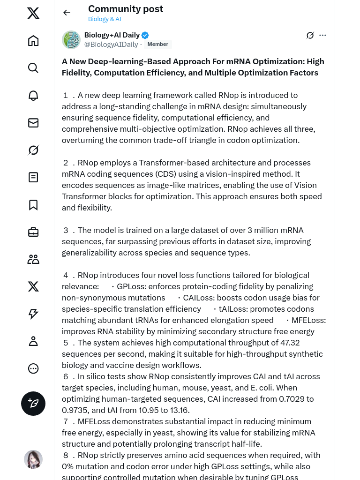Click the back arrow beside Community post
67,13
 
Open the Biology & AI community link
105,19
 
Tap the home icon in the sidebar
33,41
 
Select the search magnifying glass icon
33,68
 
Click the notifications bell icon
33,96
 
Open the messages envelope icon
33,123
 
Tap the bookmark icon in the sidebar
33,205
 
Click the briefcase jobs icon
33,232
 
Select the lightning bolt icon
33,314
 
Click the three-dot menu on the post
322,35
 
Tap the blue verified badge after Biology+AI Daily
145,35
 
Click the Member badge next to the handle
157,45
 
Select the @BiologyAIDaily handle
111,45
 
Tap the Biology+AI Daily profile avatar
71,40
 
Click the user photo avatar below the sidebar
33,459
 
